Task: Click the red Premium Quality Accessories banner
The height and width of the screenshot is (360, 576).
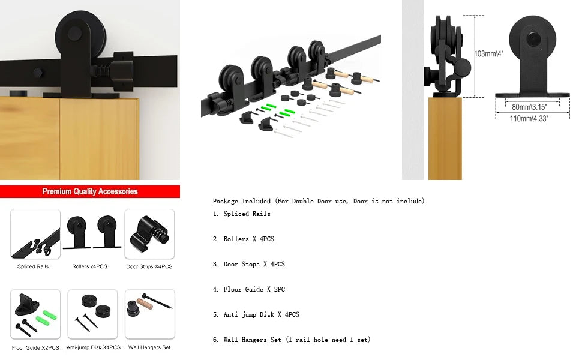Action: [90, 192]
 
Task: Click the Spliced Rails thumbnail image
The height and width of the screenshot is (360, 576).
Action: [35, 234]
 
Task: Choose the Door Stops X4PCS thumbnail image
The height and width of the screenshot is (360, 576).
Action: [149, 234]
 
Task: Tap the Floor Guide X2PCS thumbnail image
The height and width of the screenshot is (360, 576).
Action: [35, 314]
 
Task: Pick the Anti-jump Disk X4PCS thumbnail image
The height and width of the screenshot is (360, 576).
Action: [92, 314]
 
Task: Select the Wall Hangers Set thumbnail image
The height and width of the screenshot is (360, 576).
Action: [149, 314]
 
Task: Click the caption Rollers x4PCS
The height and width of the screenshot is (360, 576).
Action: [89, 266]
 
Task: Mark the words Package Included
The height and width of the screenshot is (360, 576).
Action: [241, 202]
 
